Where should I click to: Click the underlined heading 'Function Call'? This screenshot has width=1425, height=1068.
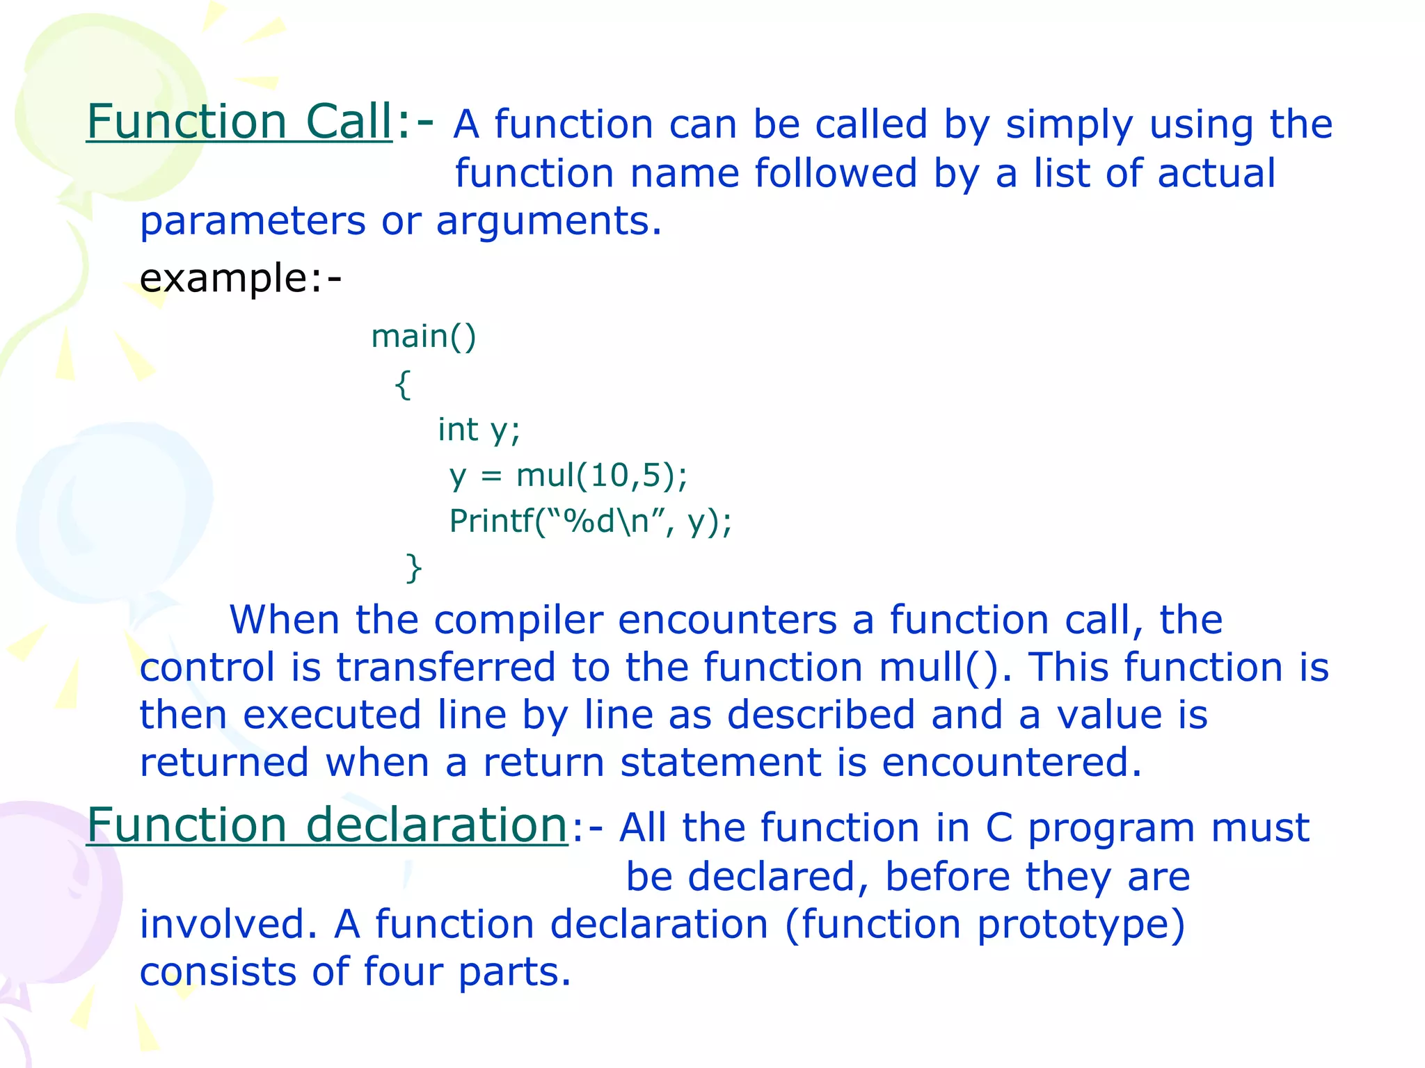[239, 122]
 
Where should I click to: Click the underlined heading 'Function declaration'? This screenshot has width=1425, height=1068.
[327, 825]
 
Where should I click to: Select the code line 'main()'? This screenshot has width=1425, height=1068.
[423, 337]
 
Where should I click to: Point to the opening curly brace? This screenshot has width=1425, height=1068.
[403, 384]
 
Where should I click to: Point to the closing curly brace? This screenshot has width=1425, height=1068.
[414, 568]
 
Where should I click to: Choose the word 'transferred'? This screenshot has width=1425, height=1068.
[445, 667]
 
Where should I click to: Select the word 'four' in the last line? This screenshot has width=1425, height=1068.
[403, 972]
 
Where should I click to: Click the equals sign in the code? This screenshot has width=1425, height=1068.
[491, 476]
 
